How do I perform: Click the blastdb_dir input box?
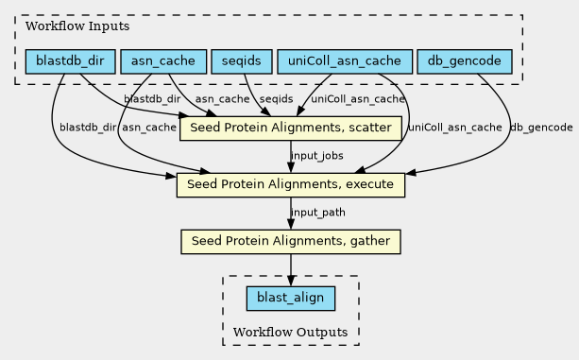(x=70, y=61)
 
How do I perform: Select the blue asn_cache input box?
(x=163, y=61)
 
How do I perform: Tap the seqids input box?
(x=242, y=61)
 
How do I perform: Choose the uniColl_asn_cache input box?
(x=345, y=61)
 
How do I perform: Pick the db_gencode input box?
(x=465, y=61)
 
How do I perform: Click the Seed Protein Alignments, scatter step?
(x=291, y=129)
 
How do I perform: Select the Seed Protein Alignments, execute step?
(x=291, y=185)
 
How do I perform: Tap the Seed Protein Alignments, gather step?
(x=291, y=242)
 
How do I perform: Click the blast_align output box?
(x=291, y=299)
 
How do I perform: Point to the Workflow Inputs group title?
(x=77, y=26)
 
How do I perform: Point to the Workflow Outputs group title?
(x=290, y=332)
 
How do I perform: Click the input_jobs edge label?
(x=317, y=156)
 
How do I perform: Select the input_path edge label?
(x=318, y=213)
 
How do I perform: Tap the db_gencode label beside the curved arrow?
(x=541, y=128)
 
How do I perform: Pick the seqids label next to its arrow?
(x=276, y=99)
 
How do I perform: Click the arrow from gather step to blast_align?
(x=291, y=270)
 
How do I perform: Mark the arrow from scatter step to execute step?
(x=291, y=157)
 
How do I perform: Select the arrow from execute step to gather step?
(x=291, y=214)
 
